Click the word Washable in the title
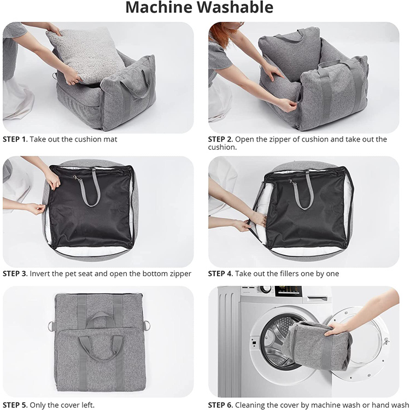(x=235, y=7)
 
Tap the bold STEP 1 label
(x=15, y=139)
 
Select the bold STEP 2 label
(x=220, y=139)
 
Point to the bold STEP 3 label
(x=15, y=273)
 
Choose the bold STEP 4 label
(x=220, y=273)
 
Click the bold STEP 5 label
(x=15, y=405)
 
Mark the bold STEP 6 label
(x=220, y=405)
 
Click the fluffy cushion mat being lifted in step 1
(x=85, y=54)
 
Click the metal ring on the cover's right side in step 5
(x=147, y=325)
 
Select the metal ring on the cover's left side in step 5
(x=51, y=326)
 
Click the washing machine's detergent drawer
(x=317, y=298)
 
